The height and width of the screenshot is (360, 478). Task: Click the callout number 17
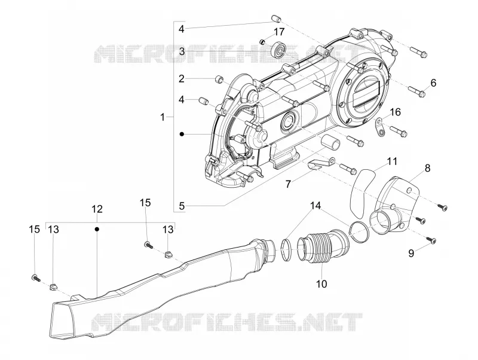click(278, 32)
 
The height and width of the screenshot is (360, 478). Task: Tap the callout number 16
click(395, 112)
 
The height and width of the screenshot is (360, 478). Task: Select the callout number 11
click(392, 161)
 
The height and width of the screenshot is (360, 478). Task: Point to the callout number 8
click(427, 168)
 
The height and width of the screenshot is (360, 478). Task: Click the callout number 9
click(411, 253)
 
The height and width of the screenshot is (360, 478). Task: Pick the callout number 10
click(321, 284)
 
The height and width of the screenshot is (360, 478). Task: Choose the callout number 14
click(316, 206)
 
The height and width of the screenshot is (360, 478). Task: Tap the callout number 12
click(97, 209)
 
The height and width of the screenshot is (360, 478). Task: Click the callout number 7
click(289, 184)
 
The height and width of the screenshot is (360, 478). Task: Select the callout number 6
click(433, 83)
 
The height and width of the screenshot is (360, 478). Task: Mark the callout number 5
click(182, 206)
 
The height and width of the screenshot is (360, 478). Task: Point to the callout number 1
click(163, 117)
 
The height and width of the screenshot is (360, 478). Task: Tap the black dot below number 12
click(97, 229)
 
